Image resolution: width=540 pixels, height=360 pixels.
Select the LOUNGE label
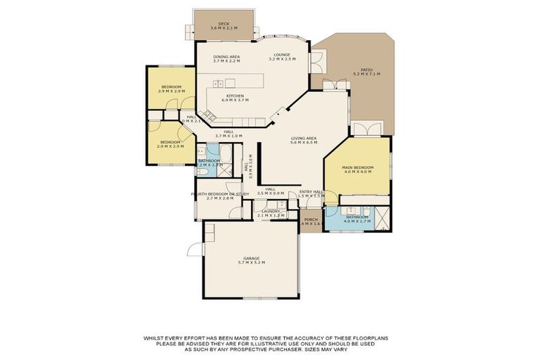[x=283, y=55]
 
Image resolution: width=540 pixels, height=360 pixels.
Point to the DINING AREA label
[x=226, y=56]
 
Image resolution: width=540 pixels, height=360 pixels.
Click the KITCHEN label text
[x=235, y=96]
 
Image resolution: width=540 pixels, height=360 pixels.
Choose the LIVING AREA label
[x=304, y=139]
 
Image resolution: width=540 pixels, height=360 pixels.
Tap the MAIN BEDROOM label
[x=357, y=167]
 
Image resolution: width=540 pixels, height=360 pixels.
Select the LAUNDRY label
[x=271, y=211]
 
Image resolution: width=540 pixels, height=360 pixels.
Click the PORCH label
[x=310, y=219]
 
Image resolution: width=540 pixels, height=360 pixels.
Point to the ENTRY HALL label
[x=311, y=191]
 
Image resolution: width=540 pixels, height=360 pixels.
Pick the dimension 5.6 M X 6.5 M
[x=304, y=143]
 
